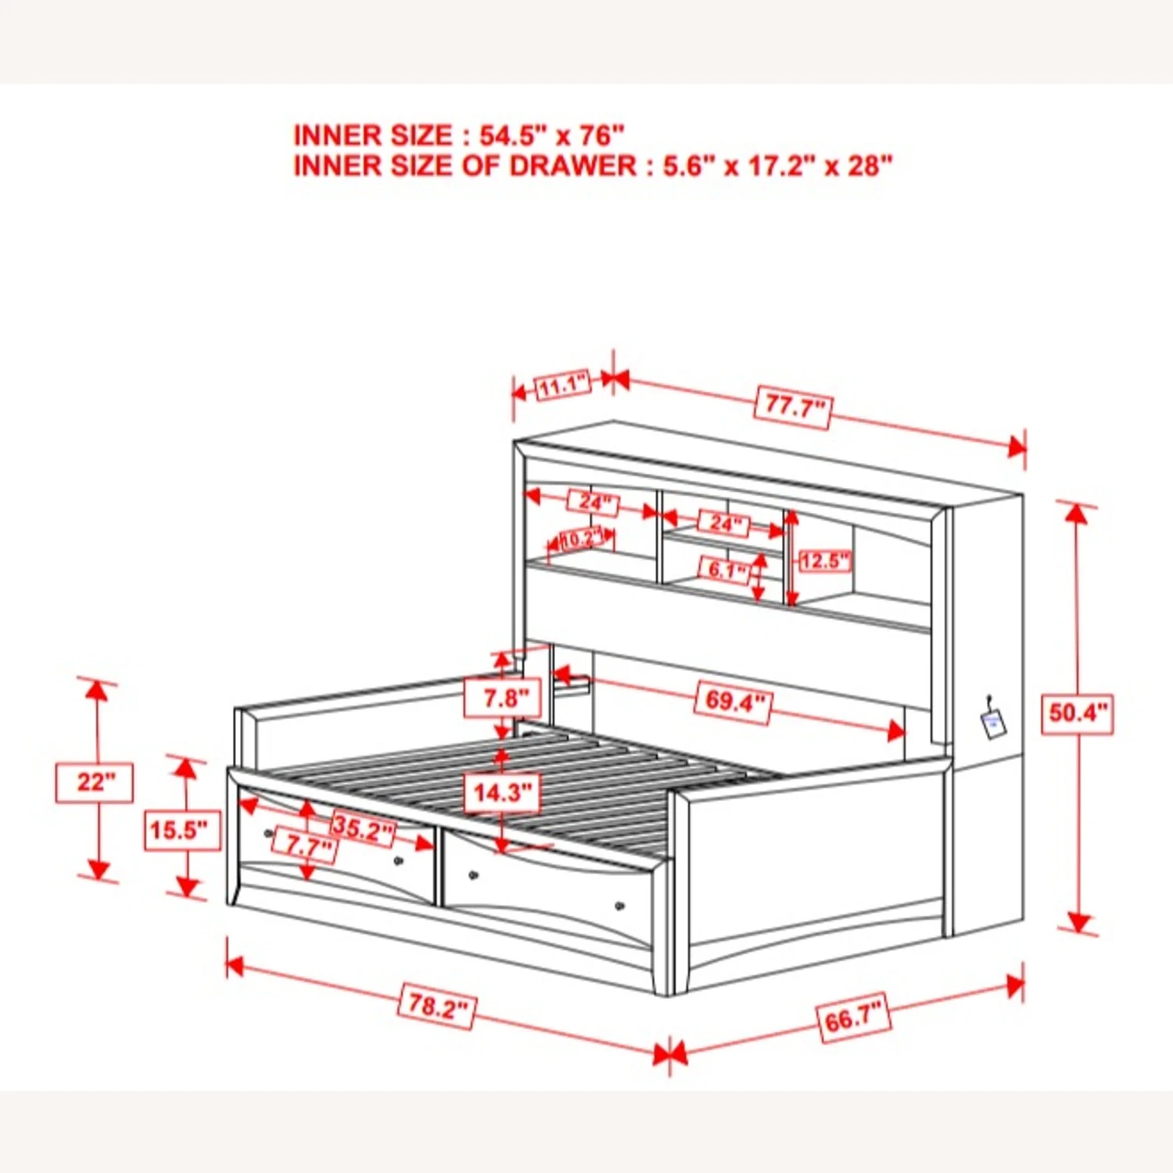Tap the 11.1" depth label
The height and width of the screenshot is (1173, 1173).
coord(563,386)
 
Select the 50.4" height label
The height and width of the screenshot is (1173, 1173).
coord(1078,712)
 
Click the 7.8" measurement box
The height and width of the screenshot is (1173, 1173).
coord(501,698)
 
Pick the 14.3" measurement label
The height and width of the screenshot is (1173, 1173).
coord(501,793)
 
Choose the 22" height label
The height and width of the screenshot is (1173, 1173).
coord(95,782)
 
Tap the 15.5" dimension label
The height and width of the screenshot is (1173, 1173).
coord(183,830)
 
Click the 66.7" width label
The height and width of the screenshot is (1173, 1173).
coord(854,1018)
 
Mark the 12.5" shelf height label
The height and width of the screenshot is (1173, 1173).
coord(825,561)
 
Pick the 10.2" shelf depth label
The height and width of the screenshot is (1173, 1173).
coord(582,539)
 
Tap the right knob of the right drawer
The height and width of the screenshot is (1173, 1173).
coord(620,906)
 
